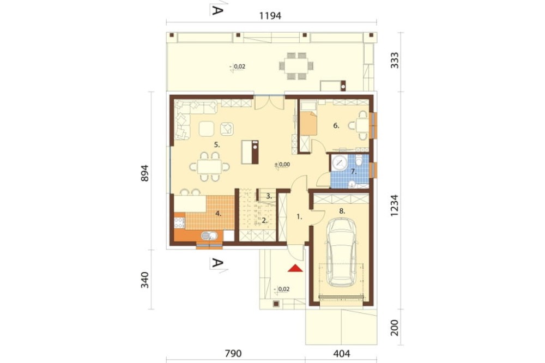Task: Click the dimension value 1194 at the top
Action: coord(270,16)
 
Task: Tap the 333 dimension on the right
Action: coord(395,60)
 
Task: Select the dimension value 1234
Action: coord(395,205)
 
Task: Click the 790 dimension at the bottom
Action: coord(233,354)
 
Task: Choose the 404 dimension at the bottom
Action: coord(342,354)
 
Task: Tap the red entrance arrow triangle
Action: coord(296,268)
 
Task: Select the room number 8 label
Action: coord(342,211)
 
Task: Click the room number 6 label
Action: coord(336,126)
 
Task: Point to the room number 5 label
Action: coord(217,145)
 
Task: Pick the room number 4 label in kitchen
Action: coord(219,214)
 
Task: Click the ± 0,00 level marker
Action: coord(282,165)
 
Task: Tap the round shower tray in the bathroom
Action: coord(339,163)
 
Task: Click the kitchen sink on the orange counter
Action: coord(209,236)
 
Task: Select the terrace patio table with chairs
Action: coord(296,66)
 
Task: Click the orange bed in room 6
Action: coord(308,123)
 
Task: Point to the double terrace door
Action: coord(270,103)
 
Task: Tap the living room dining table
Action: coord(210,167)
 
